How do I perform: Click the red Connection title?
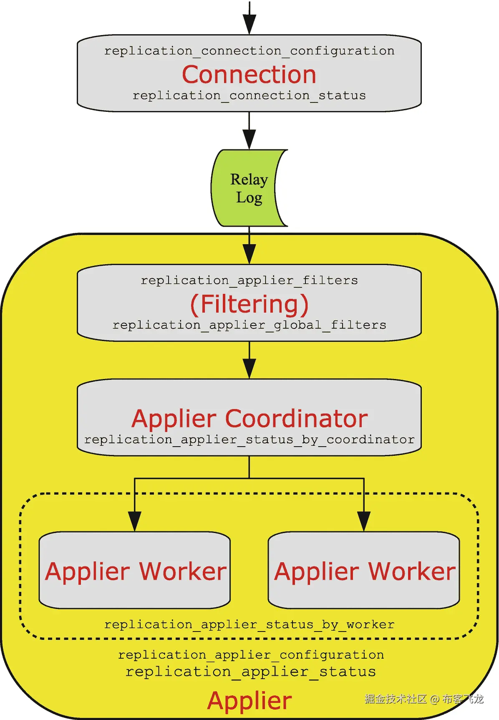click(x=249, y=75)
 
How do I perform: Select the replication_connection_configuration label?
click(x=249, y=51)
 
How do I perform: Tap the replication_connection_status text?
click(x=249, y=96)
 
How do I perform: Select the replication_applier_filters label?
click(x=249, y=280)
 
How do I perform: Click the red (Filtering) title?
click(x=249, y=304)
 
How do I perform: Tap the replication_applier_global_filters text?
click(x=249, y=325)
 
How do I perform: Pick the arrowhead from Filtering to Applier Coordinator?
click(x=249, y=368)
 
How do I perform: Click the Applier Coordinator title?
click(x=249, y=419)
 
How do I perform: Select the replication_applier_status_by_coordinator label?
click(x=249, y=440)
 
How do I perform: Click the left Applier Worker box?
click(x=135, y=571)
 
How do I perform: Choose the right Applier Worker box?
click(x=364, y=571)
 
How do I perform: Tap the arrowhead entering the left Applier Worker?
click(x=135, y=521)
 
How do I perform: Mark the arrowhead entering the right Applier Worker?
click(x=364, y=521)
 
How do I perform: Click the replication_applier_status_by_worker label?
click(x=249, y=625)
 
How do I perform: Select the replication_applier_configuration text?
click(x=250, y=655)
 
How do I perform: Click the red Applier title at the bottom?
click(x=249, y=700)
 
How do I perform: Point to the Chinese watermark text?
click(x=423, y=699)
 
